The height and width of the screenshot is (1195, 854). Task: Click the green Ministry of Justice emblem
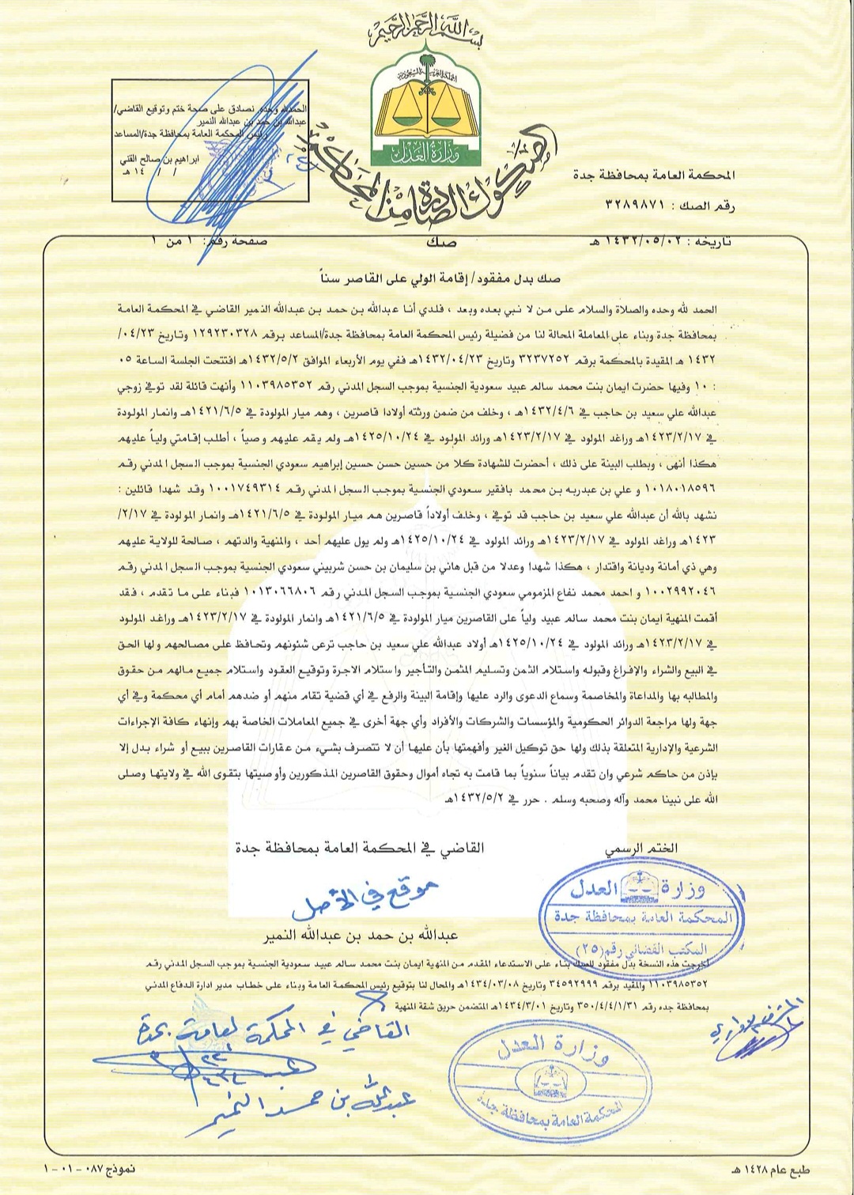(427, 111)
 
